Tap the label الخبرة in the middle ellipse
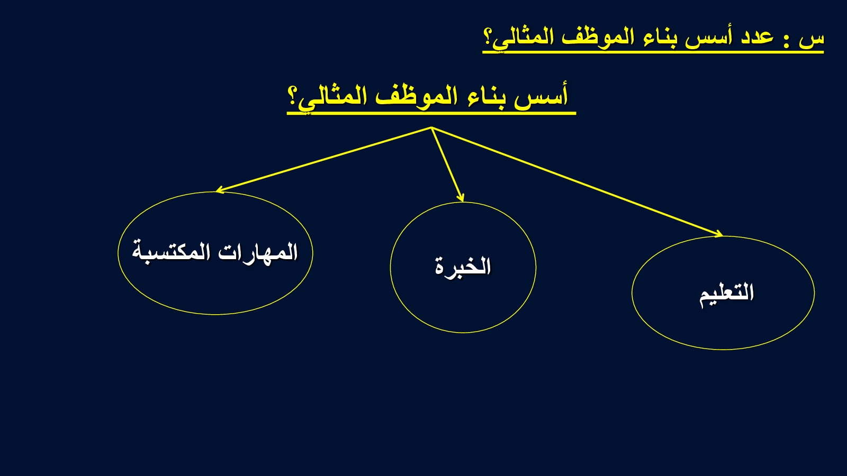coord(463,267)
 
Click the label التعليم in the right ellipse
coord(726,294)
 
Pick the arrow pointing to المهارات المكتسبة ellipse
coord(323,159)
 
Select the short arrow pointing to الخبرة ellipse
coord(447,164)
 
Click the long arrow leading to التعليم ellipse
coord(577,182)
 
